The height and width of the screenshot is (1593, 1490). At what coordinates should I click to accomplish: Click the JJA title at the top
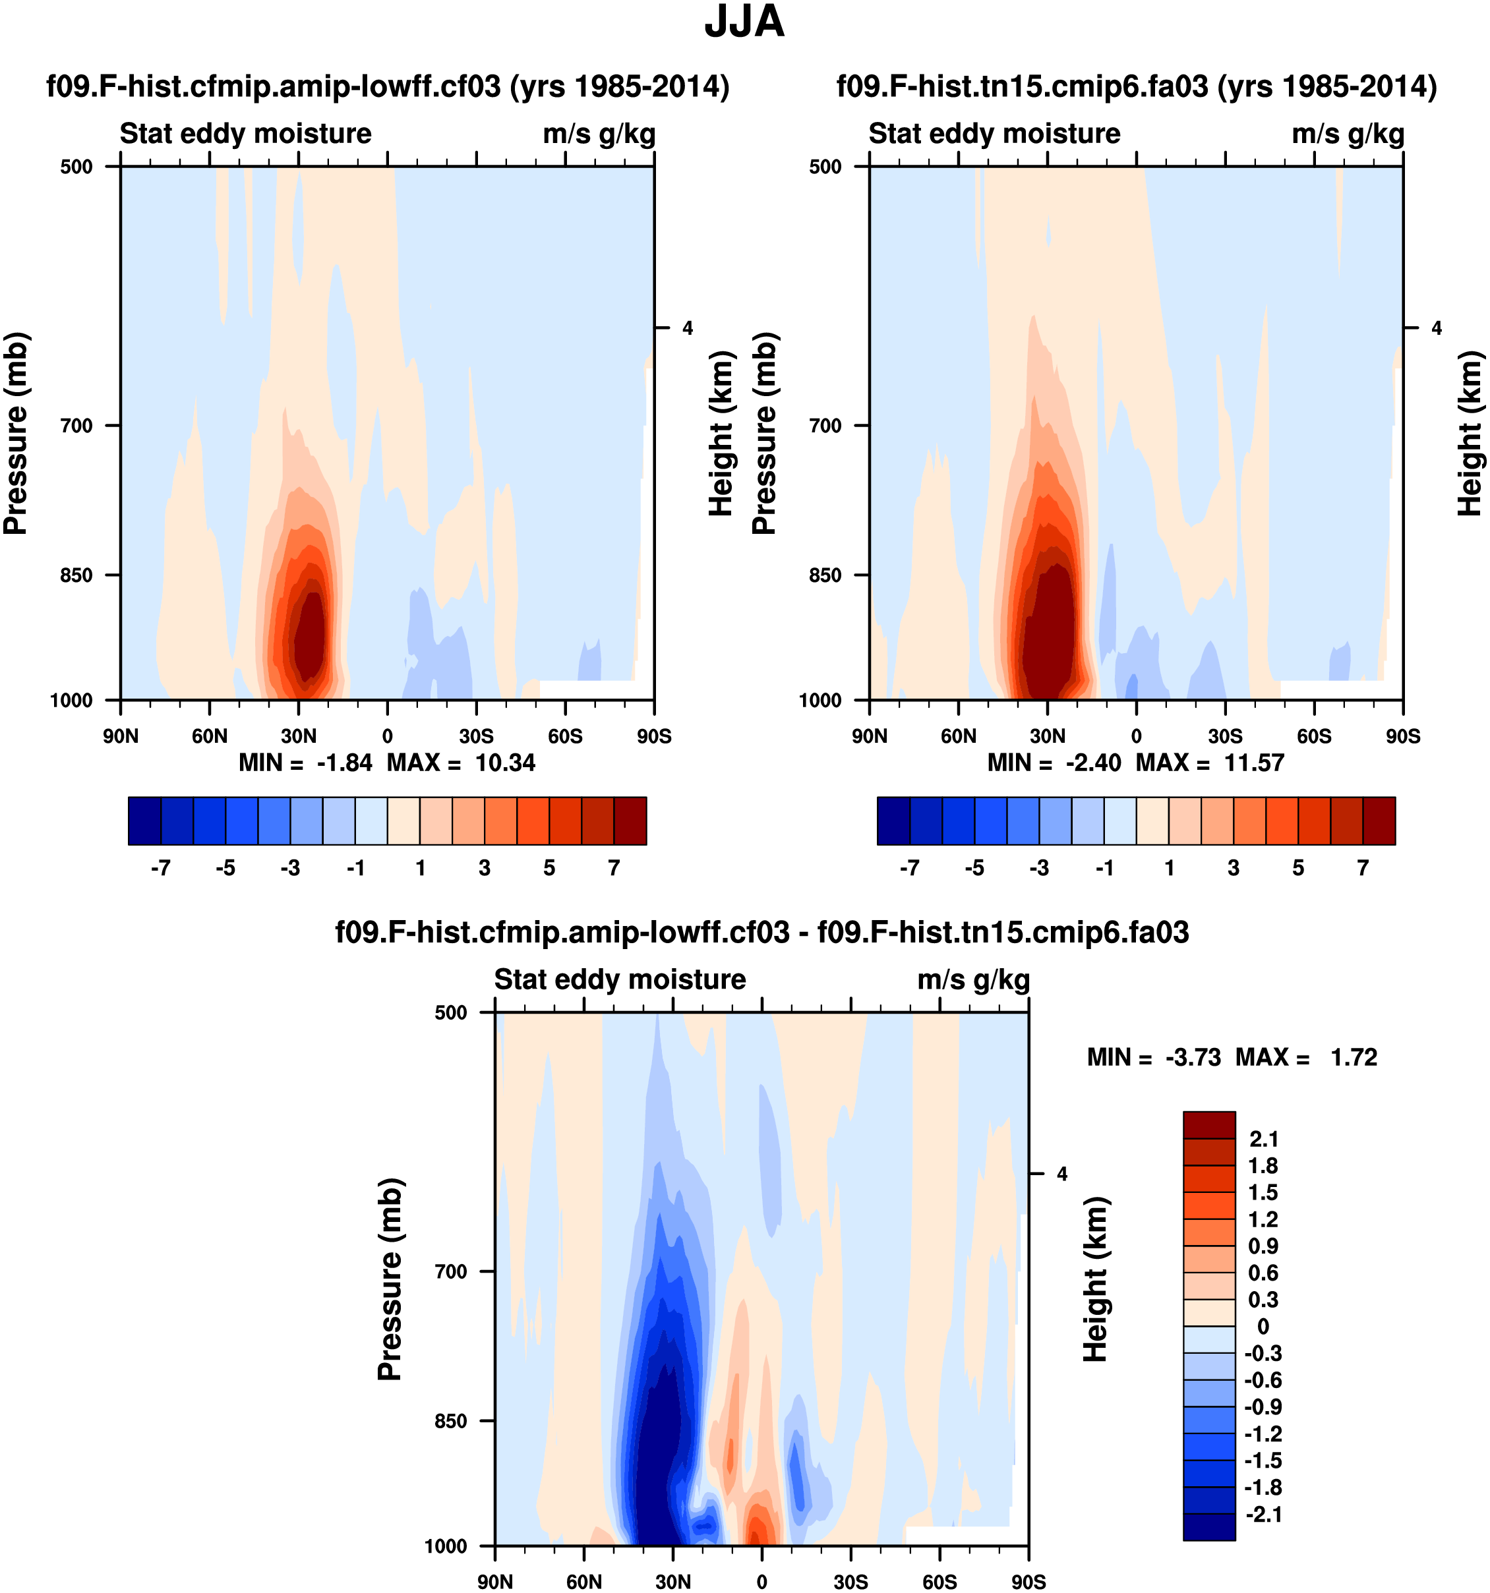point(744,22)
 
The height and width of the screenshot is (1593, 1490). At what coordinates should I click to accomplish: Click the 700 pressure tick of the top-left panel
point(77,426)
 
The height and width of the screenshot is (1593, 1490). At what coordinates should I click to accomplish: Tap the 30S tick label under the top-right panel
point(1225,736)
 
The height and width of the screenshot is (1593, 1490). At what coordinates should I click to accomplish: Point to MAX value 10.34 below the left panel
point(505,763)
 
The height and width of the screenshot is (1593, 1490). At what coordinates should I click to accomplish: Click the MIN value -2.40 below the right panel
point(1093,763)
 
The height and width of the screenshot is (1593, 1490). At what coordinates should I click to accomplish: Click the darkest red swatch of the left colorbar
point(630,821)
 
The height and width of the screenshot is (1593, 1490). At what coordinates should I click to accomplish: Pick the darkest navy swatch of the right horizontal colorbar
point(894,821)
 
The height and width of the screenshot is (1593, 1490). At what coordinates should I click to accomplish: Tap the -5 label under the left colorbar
point(225,868)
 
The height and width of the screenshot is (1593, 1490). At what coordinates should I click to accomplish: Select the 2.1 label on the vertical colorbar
point(1264,1139)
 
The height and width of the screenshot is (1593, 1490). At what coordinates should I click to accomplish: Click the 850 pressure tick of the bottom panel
point(451,1421)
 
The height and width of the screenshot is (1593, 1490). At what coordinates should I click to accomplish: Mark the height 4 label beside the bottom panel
point(1062,1174)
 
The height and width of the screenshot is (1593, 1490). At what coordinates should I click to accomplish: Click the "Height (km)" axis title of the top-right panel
point(1469,433)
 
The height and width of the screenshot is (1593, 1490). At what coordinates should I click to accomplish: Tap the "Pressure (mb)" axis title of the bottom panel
point(390,1279)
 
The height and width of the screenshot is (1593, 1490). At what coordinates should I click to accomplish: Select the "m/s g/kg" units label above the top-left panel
point(599,134)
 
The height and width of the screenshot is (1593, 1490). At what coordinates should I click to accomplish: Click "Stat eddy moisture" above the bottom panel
point(620,979)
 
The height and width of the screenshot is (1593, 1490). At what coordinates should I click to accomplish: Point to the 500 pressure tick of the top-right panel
point(825,167)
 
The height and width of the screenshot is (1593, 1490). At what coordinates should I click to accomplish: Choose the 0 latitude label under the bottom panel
point(761,1582)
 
